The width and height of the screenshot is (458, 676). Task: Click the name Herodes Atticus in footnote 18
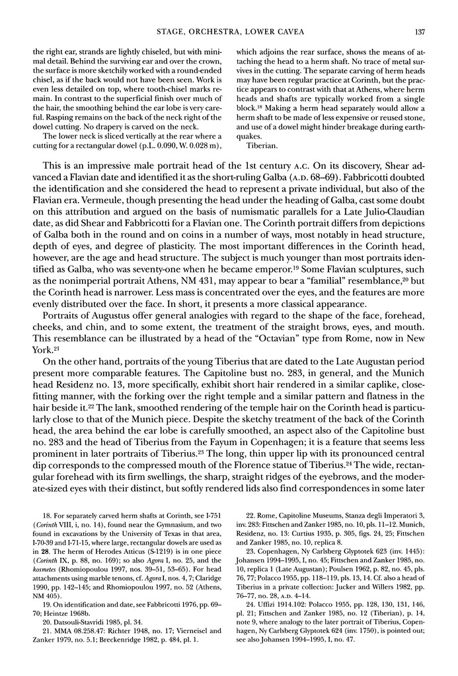click(x=141, y=551)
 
